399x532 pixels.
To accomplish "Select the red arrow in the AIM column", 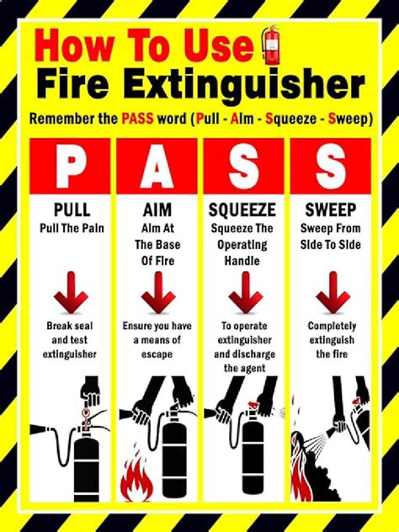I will coord(157,295).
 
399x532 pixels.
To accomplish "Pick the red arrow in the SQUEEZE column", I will coord(244,295).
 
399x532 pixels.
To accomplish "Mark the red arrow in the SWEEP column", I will coord(332,295).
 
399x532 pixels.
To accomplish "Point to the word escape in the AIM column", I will coord(157,354).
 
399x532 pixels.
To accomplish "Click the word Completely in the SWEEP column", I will coord(332,325).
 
